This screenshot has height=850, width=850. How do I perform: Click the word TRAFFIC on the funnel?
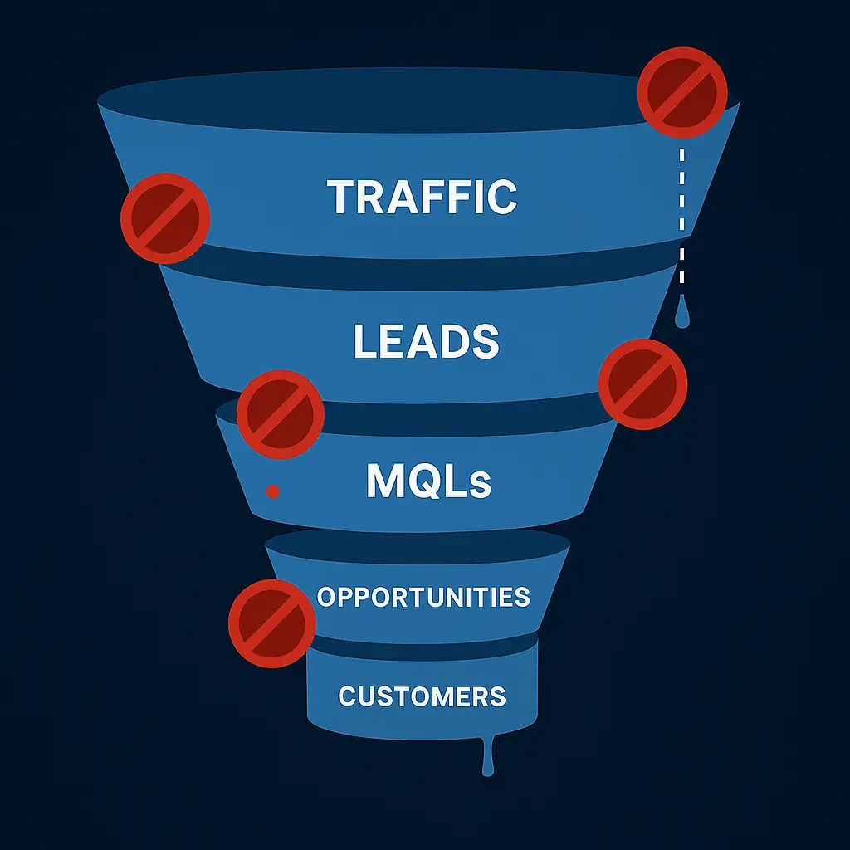pyautogui.click(x=422, y=197)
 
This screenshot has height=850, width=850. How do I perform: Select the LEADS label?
pyautogui.click(x=426, y=341)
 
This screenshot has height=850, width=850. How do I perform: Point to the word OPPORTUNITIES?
pyautogui.click(x=423, y=597)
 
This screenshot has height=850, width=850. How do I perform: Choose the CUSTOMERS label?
pyautogui.click(x=422, y=696)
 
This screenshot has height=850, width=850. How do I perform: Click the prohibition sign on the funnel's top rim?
pyautogui.click(x=681, y=91)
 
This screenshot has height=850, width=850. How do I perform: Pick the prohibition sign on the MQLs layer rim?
pyautogui.click(x=281, y=413)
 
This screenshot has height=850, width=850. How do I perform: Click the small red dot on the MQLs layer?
pyautogui.click(x=271, y=492)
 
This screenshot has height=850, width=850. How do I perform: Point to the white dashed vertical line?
pyautogui.click(x=682, y=216)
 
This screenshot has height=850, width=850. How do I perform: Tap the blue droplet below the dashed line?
pyautogui.click(x=681, y=315)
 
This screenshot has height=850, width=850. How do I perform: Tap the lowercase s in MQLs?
pyautogui.click(x=480, y=486)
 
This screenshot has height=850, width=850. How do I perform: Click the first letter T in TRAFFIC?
pyautogui.click(x=342, y=197)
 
